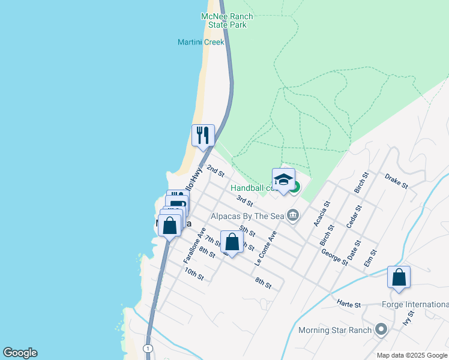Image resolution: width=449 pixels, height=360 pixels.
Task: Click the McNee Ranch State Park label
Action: [x=228, y=20]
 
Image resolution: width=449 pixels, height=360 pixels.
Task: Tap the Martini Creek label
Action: [x=200, y=42]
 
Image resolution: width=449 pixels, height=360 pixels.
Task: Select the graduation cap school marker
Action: [x=283, y=180]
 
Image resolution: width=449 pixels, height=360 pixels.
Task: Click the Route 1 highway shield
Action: [x=147, y=348]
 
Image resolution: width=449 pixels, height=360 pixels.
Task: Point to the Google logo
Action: [x=20, y=353]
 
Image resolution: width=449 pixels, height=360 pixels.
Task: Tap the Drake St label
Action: [x=397, y=181]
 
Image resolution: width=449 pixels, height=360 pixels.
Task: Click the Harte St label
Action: [x=349, y=304]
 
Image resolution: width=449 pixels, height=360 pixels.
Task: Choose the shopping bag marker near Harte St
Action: [x=399, y=278]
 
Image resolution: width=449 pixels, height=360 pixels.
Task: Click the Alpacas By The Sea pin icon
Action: [x=293, y=215]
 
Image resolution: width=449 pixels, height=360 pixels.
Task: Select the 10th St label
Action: [x=194, y=275]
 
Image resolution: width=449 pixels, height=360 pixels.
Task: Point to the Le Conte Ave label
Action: [x=266, y=248]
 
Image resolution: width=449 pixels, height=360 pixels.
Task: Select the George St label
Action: [x=334, y=258]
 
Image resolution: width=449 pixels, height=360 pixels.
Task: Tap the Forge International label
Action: [x=415, y=304]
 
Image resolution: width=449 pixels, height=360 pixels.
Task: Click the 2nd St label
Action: [x=215, y=171]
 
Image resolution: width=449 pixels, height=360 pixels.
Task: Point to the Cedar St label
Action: [x=355, y=217]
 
